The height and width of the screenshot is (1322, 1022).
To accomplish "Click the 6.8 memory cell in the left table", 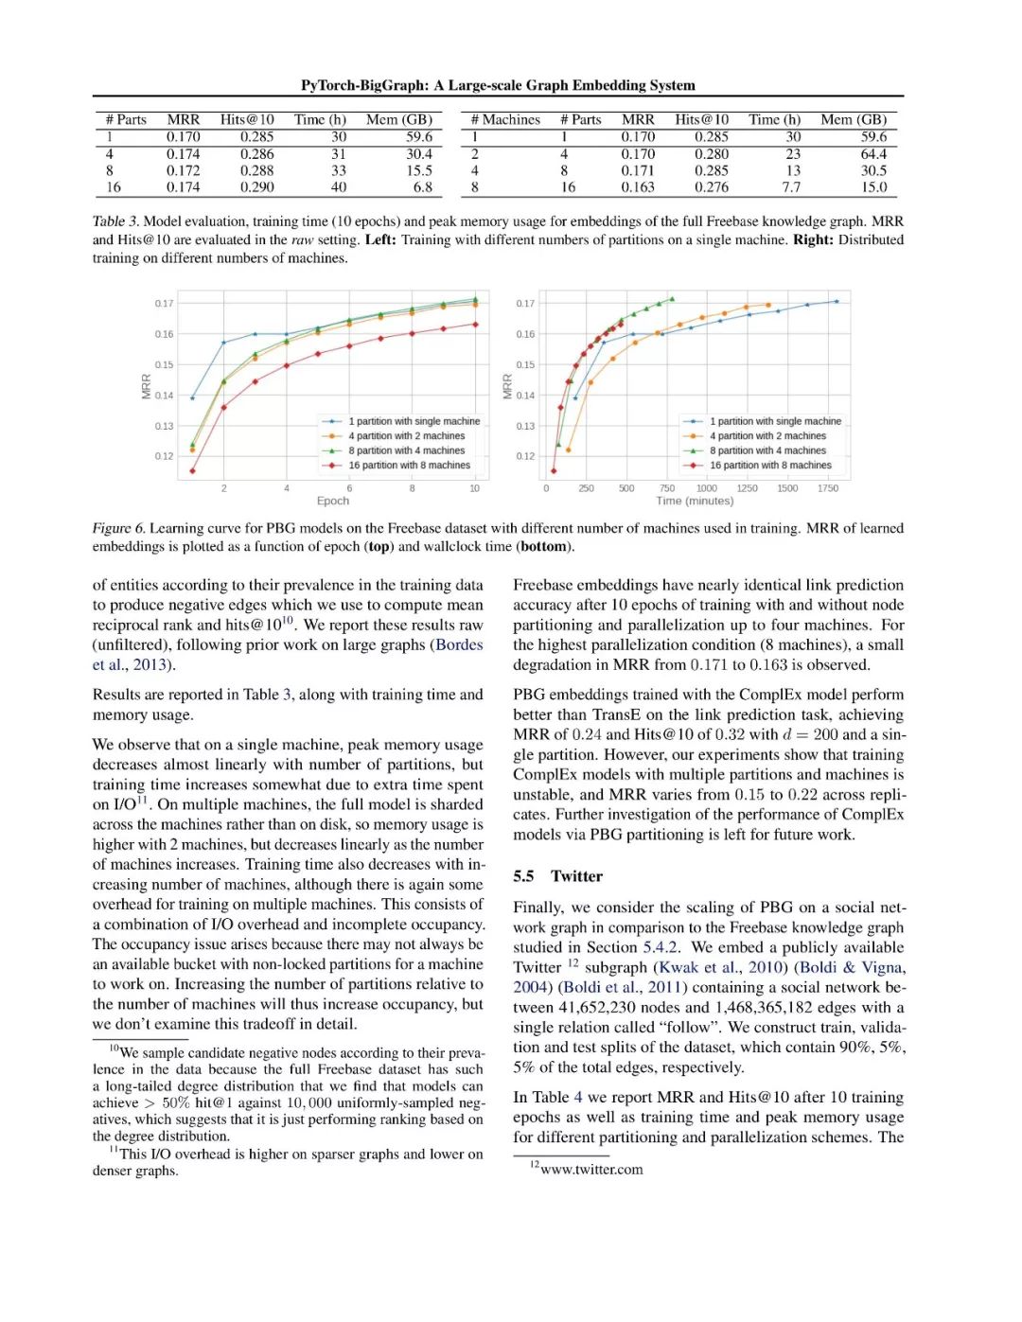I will (422, 187).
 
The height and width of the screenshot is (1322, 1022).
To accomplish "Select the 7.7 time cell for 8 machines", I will (791, 187).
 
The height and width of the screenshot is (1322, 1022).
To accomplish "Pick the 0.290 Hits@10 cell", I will (256, 187).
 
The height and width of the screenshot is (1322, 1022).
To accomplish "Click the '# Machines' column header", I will (505, 120).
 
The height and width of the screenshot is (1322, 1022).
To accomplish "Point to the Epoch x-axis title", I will (332, 502).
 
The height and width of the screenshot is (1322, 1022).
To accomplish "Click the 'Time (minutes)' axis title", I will (695, 502).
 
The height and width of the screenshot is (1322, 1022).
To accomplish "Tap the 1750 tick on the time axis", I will (828, 488).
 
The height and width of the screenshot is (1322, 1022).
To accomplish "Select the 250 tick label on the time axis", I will (587, 488).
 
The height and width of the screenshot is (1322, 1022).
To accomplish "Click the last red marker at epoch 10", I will (475, 325).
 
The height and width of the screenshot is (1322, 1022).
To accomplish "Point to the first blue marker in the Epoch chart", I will (193, 398).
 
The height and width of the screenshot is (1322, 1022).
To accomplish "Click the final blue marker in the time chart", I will (837, 302).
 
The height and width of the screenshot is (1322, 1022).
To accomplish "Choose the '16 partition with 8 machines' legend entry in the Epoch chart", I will (409, 466).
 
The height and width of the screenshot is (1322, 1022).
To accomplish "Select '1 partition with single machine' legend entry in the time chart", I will (775, 421).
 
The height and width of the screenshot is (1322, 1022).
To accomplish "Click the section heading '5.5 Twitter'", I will (557, 876).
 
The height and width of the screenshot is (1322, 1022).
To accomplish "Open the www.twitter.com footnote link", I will (591, 1170).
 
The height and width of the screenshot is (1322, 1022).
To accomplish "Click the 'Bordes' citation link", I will (459, 645).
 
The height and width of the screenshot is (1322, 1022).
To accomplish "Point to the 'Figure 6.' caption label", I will (118, 529).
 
